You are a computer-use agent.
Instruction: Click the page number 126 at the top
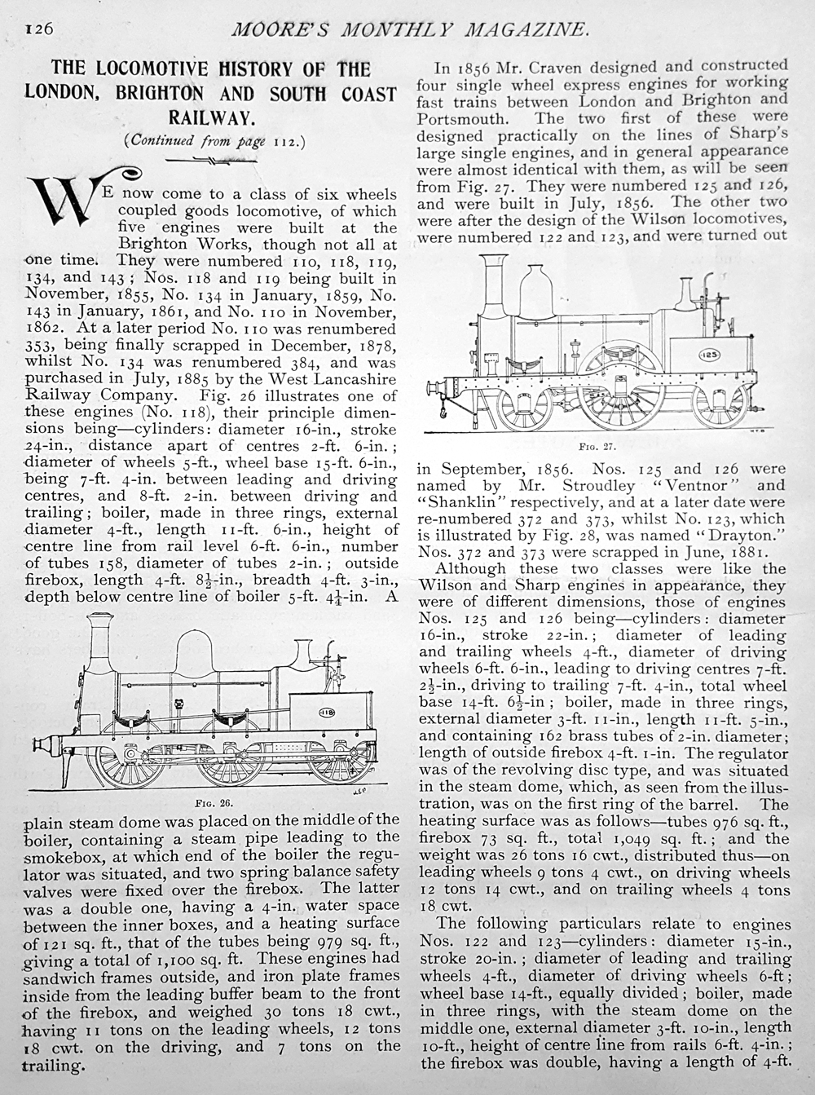[x=38, y=29]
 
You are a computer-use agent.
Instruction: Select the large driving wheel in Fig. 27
[x=623, y=386]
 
